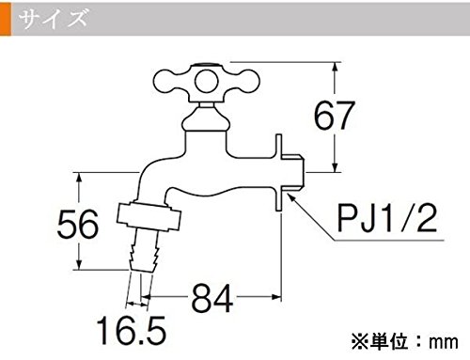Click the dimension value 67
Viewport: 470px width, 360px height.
click(335, 116)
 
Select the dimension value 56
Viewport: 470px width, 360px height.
click(78, 224)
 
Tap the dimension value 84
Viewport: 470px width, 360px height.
click(212, 299)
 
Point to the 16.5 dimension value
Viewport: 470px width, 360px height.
click(132, 330)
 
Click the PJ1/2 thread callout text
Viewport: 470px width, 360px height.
click(387, 217)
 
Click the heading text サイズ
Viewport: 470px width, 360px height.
click(53, 18)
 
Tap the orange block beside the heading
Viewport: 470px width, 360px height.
click(6, 19)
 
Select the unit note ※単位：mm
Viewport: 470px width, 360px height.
click(404, 341)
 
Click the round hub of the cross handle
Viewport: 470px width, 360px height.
click(206, 81)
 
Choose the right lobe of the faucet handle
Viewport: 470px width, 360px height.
click(243, 81)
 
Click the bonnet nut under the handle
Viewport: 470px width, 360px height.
click(206, 119)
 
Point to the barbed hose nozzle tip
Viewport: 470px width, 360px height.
click(144, 251)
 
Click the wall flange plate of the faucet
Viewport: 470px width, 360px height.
click(278, 173)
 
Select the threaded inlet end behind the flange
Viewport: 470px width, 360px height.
click(293, 173)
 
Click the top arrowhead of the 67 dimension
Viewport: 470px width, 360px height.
click(336, 68)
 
